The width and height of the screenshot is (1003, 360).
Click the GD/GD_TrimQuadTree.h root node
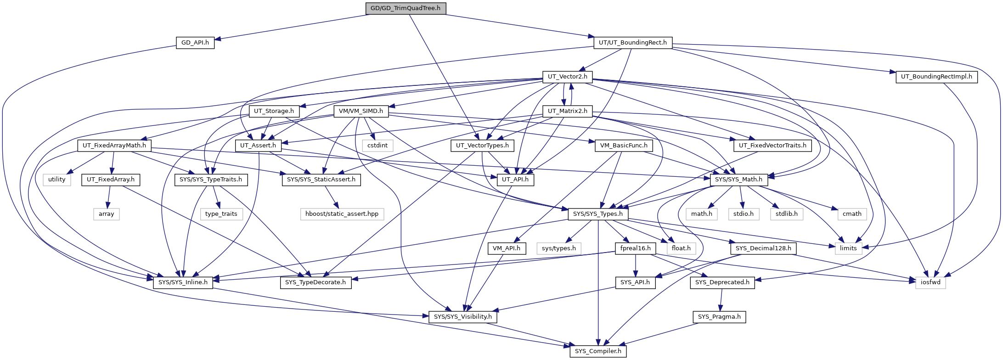406,8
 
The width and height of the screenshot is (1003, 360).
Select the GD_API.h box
195,43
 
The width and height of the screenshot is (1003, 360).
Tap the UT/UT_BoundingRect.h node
633,43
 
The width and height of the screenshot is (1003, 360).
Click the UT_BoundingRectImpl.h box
936,77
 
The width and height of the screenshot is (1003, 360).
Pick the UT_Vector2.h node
567,77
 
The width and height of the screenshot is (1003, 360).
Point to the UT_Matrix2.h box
567,111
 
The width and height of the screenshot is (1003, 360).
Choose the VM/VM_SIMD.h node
361,111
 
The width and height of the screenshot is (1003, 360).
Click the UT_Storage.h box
274,111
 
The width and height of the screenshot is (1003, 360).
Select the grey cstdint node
378,146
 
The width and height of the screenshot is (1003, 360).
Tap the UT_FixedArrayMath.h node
114,146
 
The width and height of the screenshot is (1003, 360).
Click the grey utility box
57,180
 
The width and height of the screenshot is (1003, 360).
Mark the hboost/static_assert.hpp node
342,214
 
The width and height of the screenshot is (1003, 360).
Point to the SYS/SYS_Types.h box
597,214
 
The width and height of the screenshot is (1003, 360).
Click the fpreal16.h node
635,248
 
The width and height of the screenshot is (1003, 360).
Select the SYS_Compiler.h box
597,351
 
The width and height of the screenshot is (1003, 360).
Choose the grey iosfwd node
930,282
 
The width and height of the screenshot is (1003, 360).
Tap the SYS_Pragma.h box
719,317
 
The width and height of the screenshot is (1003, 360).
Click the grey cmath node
852,214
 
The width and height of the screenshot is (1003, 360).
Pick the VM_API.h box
506,248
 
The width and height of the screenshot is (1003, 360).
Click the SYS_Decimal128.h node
763,248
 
